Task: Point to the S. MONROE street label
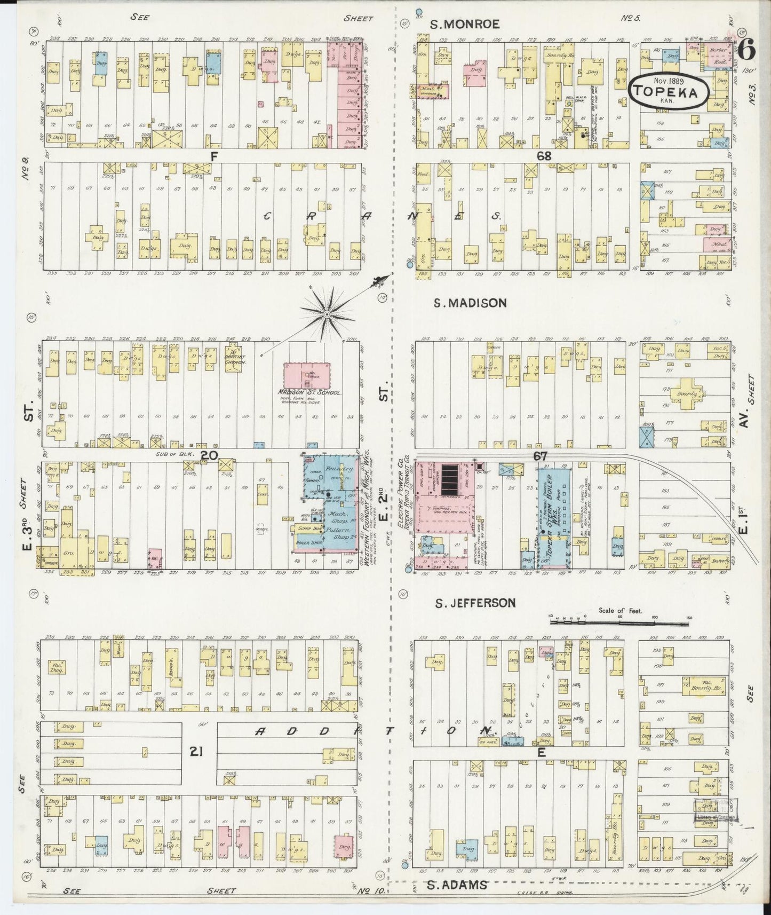[465, 24]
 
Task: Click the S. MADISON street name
[470, 303]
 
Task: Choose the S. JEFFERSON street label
[475, 603]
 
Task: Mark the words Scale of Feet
[621, 610]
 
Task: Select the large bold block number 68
[544, 156]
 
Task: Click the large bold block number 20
[209, 455]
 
